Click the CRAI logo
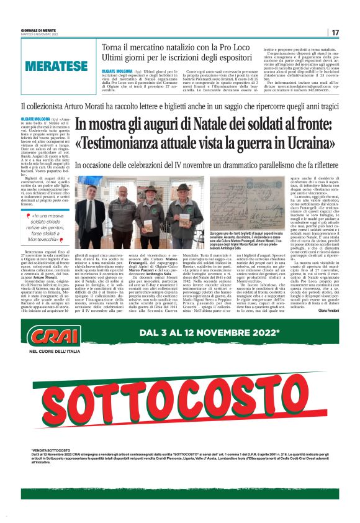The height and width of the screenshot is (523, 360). pos(47,336)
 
